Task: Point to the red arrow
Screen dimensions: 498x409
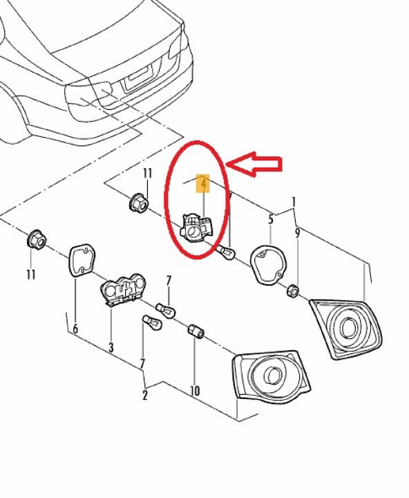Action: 255,164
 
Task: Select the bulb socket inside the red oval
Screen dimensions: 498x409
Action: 197,228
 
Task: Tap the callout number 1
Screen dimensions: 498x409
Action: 294,202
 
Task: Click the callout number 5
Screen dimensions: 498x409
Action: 271,219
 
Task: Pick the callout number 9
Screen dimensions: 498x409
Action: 297,233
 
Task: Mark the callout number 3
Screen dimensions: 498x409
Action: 111,347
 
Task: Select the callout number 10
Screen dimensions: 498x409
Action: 195,391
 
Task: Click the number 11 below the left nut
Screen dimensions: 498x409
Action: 30,275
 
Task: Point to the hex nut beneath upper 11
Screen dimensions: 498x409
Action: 137,203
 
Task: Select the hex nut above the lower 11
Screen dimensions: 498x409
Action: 36,241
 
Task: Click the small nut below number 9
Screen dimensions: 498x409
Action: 292,289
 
